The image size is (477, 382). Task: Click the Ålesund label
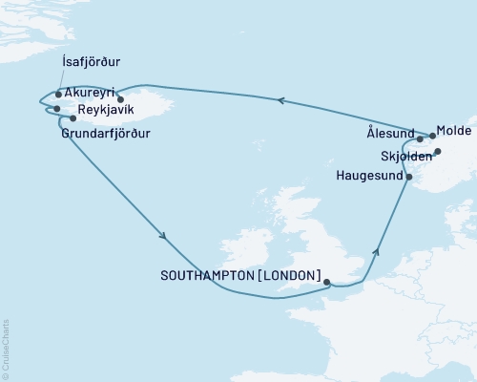[x=391, y=133]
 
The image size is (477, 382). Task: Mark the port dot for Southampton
[x=327, y=283]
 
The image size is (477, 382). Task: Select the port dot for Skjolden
[x=438, y=152]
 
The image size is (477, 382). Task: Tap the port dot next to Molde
[x=432, y=136]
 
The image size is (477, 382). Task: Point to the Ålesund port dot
[x=420, y=139]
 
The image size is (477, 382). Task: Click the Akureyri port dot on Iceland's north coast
[x=120, y=99]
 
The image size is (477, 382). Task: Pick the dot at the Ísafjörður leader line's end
[x=58, y=95]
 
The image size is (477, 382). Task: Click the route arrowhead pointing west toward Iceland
[x=280, y=98]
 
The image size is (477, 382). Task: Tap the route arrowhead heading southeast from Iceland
[x=165, y=236]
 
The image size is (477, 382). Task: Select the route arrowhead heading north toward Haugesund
[x=378, y=252]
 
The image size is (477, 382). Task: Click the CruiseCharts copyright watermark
[x=6, y=348]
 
